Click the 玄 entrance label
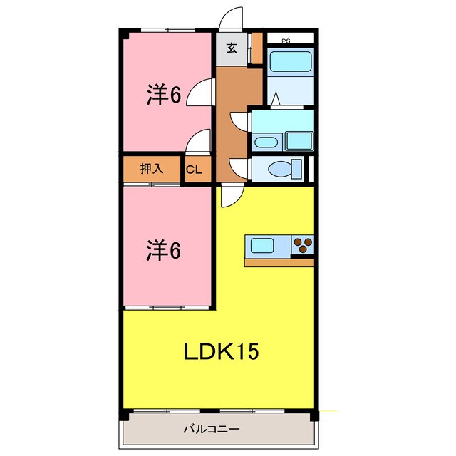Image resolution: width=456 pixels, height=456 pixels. pos(232,49)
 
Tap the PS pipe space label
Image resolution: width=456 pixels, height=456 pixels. pos(286,41)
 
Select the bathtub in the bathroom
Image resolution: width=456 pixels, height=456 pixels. pos(290,62)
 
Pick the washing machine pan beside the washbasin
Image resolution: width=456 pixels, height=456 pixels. pos(299,140)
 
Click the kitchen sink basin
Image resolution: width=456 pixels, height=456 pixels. pos(261,247)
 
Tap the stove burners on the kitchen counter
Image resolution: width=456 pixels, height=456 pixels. pos(304,246)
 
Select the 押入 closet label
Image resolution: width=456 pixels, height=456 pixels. pos(151,170)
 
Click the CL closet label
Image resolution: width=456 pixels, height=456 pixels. pos(195,170)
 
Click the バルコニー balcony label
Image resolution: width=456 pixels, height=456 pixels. pos(211,430)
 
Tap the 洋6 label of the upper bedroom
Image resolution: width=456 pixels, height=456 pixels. pos(164,94)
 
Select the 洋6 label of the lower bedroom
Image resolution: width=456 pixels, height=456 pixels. pos(164,250)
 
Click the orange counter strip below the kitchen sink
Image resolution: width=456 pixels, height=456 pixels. pos(279,262)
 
